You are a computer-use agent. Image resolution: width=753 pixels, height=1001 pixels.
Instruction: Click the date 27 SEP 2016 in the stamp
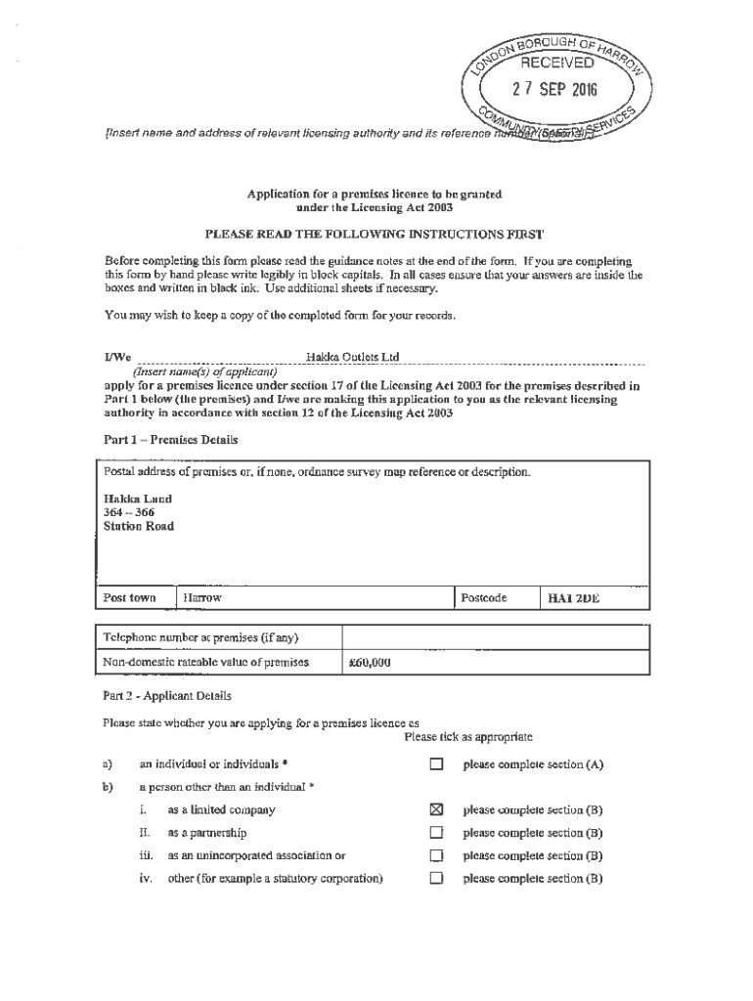pos(555,92)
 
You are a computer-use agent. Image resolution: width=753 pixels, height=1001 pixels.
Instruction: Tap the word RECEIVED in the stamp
pos(555,64)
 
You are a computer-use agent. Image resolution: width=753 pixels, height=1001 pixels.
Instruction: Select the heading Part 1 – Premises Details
pos(171,440)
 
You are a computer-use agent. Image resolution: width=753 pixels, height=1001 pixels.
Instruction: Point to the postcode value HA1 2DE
pos(574,597)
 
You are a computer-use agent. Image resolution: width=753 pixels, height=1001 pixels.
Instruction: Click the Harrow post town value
pos(202,597)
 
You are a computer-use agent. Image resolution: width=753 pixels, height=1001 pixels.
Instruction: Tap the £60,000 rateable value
pos(370,662)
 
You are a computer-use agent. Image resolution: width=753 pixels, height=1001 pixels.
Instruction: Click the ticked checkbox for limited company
pos(437,809)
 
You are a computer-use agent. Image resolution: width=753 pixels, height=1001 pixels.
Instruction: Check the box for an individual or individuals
pos(437,763)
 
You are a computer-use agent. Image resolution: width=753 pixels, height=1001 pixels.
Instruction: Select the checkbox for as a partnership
pos(437,833)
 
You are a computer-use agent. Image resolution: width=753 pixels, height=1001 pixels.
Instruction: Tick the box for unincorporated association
pos(437,855)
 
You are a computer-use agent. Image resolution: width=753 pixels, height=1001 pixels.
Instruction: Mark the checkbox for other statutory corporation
pos(437,879)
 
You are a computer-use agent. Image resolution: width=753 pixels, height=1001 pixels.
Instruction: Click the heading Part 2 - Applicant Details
pos(167,696)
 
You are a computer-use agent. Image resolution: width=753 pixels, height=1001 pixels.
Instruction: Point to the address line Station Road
pos(139,526)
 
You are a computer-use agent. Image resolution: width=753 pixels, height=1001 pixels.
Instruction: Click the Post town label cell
pos(130,597)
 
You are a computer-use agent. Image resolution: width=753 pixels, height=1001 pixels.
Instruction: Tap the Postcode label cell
pos(483,597)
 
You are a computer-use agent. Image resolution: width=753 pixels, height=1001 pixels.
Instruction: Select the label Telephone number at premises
pos(200,638)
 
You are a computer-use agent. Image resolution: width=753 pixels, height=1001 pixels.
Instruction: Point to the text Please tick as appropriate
pos(468,735)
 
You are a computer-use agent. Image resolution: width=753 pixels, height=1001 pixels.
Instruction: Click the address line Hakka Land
pos(138,499)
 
